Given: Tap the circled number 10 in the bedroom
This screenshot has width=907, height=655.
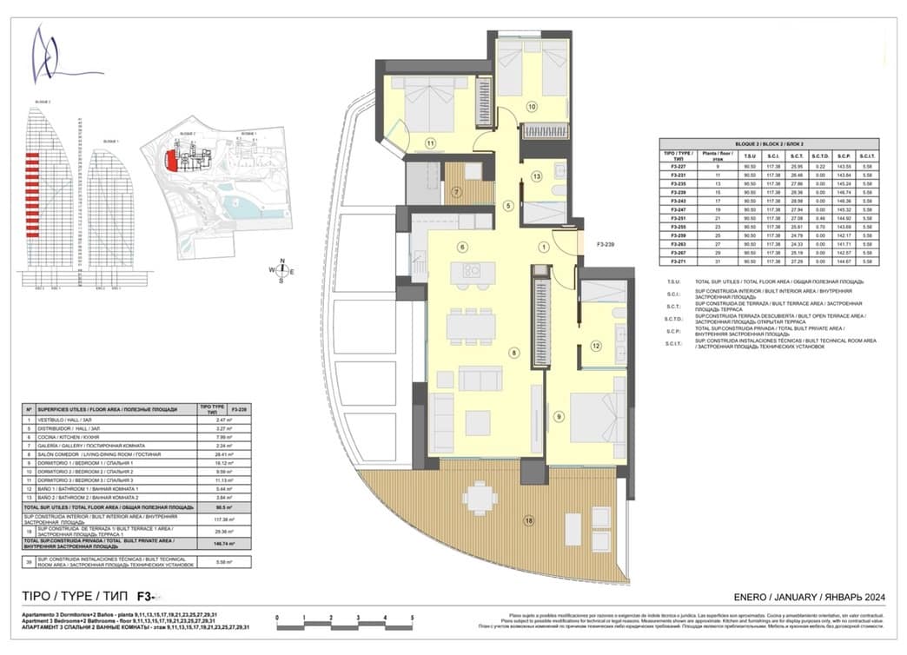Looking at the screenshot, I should pyautogui.click(x=532, y=107).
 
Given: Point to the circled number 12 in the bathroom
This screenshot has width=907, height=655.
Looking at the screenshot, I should pyautogui.click(x=596, y=346).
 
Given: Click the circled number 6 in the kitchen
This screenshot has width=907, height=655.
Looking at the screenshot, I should pyautogui.click(x=462, y=247).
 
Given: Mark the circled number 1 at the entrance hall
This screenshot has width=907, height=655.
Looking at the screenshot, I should pyautogui.click(x=544, y=247).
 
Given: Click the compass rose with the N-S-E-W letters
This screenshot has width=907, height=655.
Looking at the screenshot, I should pyautogui.click(x=282, y=270).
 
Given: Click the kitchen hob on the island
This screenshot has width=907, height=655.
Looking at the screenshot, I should pyautogui.click(x=472, y=271).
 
